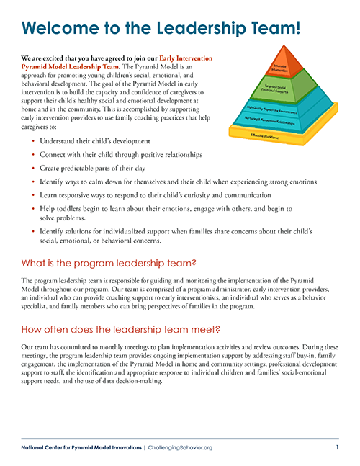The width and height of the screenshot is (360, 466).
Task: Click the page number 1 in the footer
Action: click(x=337, y=447)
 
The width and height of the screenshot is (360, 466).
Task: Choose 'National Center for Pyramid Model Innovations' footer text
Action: click(x=81, y=447)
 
